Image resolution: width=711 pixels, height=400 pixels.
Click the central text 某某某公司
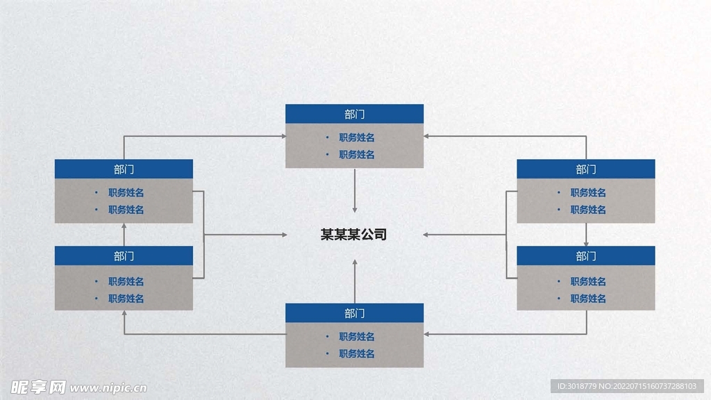coord(353,235)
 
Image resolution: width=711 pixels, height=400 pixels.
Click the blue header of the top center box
coord(354,114)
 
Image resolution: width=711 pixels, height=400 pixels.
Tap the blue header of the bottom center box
coord(354,313)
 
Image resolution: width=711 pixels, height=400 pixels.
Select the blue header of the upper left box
coord(124,169)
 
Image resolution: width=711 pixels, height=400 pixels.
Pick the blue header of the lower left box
coord(124,256)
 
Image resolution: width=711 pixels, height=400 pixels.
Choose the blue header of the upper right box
coord(585,169)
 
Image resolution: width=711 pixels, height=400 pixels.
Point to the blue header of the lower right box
coord(585,256)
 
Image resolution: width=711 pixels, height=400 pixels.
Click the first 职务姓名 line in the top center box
coord(357,137)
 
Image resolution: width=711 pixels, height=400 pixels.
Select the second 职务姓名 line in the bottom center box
coord(357,354)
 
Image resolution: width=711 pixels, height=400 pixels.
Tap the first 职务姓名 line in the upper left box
coord(126,192)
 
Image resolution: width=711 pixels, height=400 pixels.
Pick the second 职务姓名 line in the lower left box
coord(126,299)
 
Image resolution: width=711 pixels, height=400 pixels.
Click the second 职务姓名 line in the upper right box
coord(588,210)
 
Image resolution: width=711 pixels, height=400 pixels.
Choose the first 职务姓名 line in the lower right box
coord(588,281)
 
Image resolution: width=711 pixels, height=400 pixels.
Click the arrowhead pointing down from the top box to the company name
coord(355,208)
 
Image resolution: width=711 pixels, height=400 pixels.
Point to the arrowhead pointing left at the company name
coord(426,235)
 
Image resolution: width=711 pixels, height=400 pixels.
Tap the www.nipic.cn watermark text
coord(108,387)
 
